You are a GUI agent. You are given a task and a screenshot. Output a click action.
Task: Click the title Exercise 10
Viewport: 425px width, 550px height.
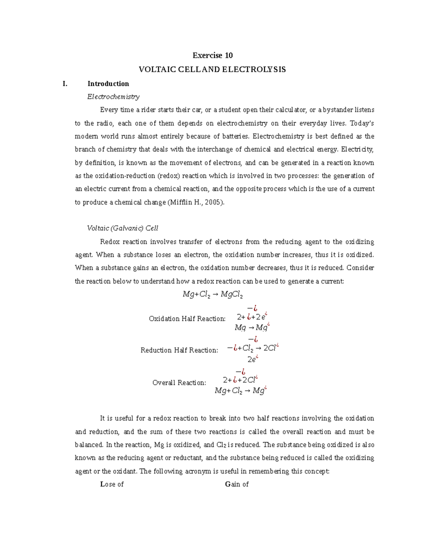point(212,55)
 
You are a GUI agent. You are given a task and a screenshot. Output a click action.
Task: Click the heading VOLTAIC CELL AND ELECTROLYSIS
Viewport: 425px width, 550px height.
point(212,69)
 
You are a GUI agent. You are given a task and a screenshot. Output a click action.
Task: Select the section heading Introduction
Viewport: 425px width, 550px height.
point(108,84)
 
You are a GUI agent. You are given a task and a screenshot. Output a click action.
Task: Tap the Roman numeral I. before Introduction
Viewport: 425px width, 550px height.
point(65,84)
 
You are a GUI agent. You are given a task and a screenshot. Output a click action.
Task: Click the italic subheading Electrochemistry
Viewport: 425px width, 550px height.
point(113,97)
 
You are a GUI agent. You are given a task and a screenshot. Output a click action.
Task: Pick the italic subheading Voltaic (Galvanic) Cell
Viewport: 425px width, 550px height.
point(123,228)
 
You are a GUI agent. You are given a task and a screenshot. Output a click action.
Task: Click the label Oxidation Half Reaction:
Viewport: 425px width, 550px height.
point(187,319)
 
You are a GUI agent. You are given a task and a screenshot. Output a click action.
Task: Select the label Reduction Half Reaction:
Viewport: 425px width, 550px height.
point(179,350)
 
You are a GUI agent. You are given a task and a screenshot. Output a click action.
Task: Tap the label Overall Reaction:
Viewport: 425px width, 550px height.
point(179,383)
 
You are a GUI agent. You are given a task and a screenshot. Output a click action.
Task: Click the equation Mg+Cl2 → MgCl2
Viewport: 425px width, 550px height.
point(212,294)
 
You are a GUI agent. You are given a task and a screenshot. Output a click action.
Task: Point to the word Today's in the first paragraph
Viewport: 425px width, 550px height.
point(362,123)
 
